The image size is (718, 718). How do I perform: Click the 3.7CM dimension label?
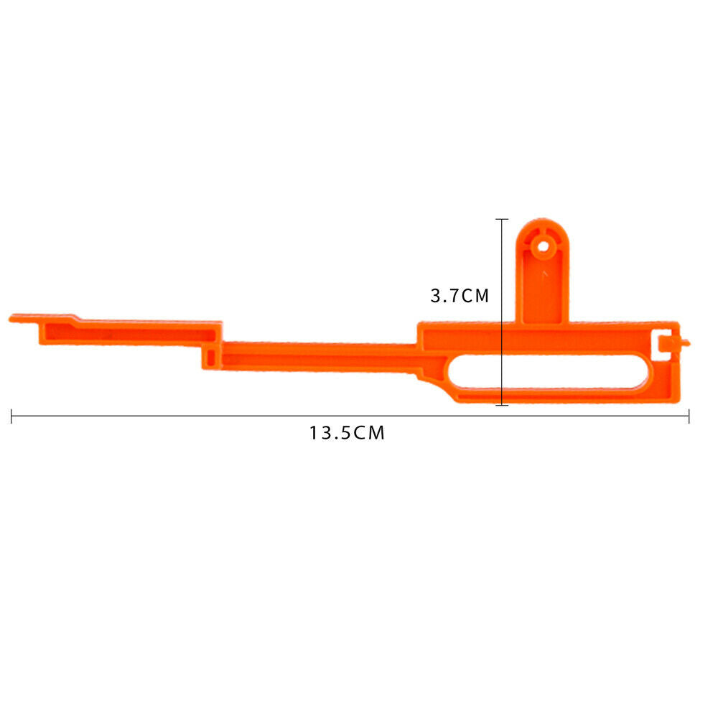point(460,296)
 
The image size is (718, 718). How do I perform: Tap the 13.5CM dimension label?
point(347,433)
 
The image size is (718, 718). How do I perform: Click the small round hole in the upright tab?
point(543,247)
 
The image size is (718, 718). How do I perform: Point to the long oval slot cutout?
point(549,371)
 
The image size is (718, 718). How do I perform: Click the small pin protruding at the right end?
point(686,342)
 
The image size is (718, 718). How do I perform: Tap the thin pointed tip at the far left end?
point(11,319)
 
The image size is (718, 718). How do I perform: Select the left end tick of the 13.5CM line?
point(11,416)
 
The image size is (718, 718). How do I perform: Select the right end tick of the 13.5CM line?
point(689,416)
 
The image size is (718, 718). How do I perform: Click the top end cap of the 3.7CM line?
point(502,220)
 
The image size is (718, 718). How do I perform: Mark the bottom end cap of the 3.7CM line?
point(502,405)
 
